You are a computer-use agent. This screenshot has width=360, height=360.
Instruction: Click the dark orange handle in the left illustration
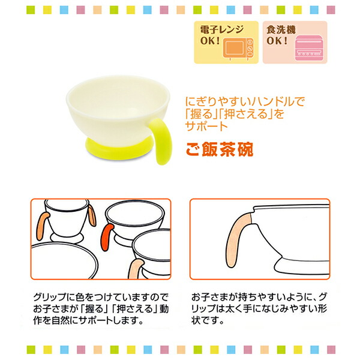click(107, 236)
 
